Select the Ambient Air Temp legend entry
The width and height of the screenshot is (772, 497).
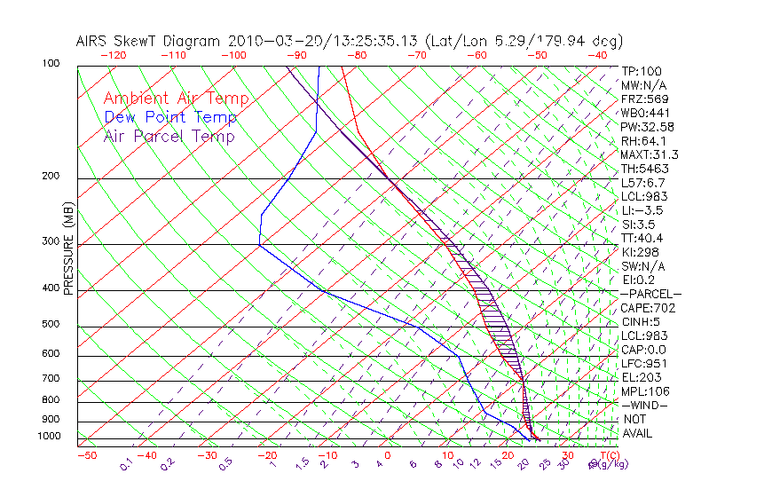click(x=176, y=99)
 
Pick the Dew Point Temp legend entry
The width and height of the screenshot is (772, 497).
click(x=170, y=117)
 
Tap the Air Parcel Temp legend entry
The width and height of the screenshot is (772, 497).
click(x=169, y=136)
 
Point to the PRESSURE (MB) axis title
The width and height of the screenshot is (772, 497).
click(x=68, y=249)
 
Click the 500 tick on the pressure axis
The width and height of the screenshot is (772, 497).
click(x=51, y=324)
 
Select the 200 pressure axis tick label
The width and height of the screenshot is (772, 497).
click(x=51, y=176)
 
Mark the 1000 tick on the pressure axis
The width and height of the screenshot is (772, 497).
click(x=49, y=436)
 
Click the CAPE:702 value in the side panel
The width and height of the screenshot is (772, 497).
click(x=648, y=308)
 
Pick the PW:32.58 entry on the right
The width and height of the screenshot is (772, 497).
click(x=648, y=127)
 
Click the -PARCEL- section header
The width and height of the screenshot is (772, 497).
click(x=650, y=294)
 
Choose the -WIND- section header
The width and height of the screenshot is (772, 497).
click(x=644, y=405)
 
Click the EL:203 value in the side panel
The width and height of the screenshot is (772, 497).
click(x=641, y=377)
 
